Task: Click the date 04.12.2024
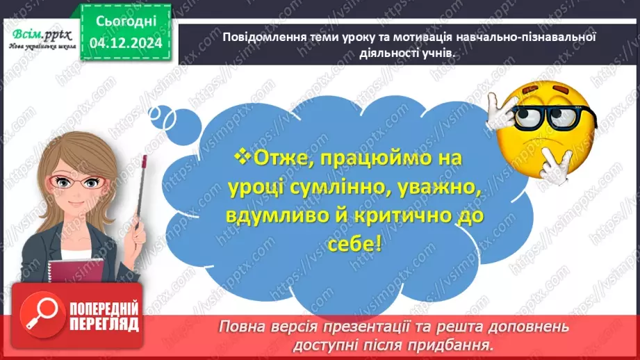click(x=125, y=44)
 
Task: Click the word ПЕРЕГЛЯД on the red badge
click(x=104, y=323)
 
